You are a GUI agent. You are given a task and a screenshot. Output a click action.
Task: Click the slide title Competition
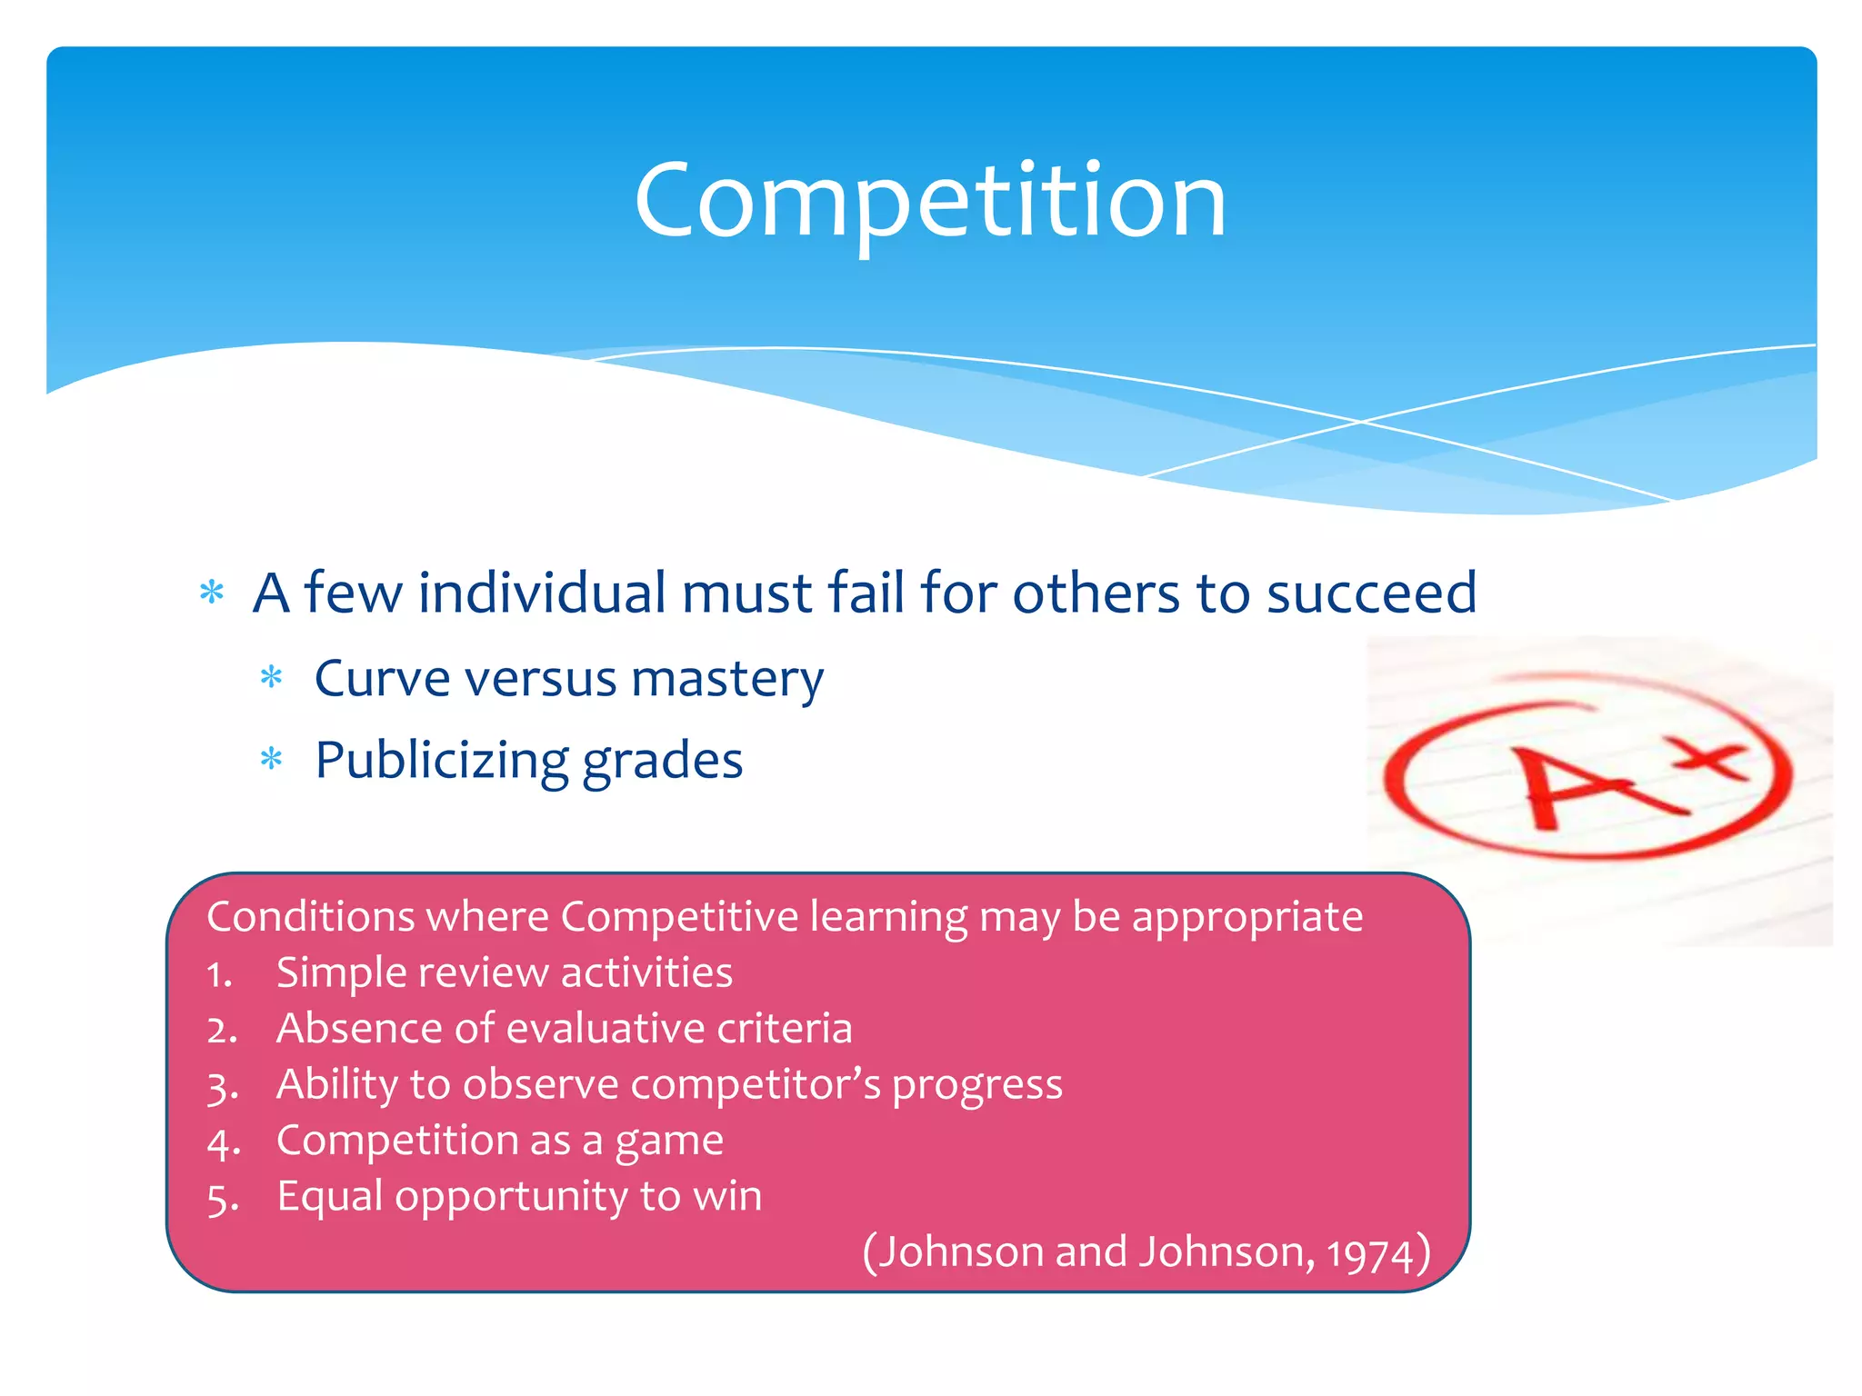click(x=930, y=200)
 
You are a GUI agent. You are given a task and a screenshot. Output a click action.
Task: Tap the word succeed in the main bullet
click(x=1371, y=593)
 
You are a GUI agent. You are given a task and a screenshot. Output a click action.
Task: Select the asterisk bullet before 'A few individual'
click(x=212, y=593)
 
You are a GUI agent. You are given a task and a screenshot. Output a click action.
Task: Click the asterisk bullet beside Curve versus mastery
click(x=272, y=678)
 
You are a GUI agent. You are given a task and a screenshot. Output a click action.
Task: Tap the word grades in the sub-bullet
click(x=662, y=762)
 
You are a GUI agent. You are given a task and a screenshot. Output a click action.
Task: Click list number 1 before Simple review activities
click(x=219, y=974)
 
